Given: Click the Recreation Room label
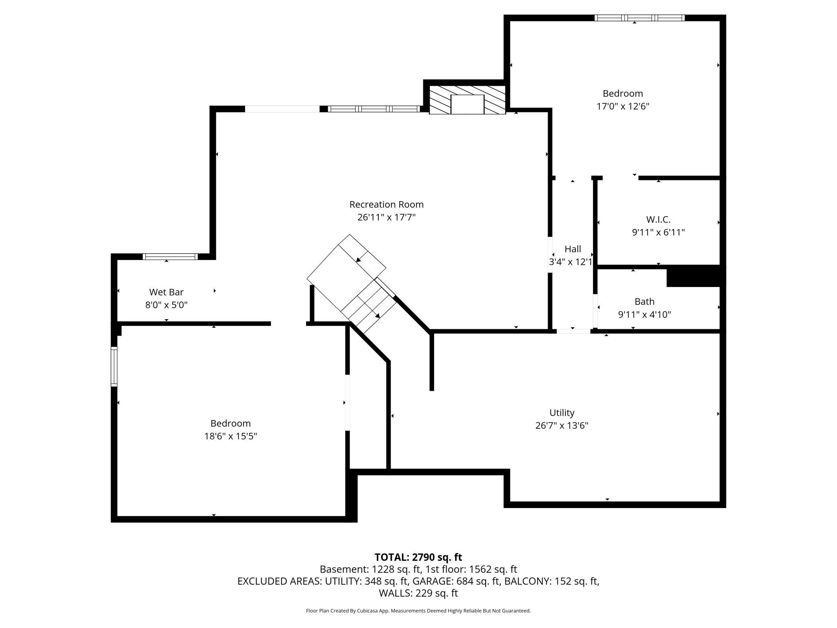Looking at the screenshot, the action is pyautogui.click(x=386, y=205).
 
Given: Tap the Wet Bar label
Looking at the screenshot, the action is pyautogui.click(x=166, y=292).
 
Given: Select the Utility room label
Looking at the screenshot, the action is pyautogui.click(x=562, y=413).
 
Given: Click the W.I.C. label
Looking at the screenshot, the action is pyautogui.click(x=658, y=219).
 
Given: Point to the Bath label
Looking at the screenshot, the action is pyautogui.click(x=644, y=302).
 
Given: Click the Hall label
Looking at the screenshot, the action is pyautogui.click(x=573, y=249).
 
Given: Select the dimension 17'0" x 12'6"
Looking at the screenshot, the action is pyautogui.click(x=623, y=106).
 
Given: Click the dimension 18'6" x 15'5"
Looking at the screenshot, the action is pyautogui.click(x=231, y=436).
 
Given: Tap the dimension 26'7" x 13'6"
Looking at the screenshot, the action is pyautogui.click(x=562, y=426).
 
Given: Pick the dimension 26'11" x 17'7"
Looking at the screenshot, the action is pyautogui.click(x=386, y=217).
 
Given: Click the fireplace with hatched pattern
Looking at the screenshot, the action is pyautogui.click(x=467, y=99).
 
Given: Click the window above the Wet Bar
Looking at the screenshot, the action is pyautogui.click(x=170, y=256).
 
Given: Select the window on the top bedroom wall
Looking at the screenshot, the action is pyautogui.click(x=639, y=18).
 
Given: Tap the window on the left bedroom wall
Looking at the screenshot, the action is pyautogui.click(x=114, y=367).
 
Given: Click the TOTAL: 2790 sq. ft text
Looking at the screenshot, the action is pyautogui.click(x=418, y=557).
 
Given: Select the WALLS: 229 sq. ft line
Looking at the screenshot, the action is pyautogui.click(x=418, y=593).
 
